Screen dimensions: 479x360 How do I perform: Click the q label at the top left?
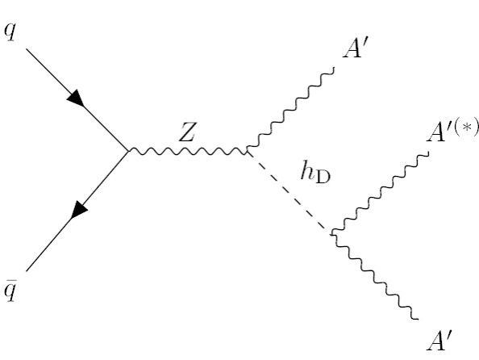point(10,31)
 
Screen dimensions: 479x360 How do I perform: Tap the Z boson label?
point(186,132)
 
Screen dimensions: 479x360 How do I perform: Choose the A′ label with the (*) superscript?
point(453,132)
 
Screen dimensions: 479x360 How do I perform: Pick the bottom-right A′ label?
point(439,341)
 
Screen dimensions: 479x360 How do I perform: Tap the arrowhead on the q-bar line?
point(79,210)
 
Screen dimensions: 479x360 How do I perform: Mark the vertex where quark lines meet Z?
point(128,150)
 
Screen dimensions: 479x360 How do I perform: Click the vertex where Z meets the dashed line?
point(247,150)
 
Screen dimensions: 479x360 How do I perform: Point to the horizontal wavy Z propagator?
point(188,150)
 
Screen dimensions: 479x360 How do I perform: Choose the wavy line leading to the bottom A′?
point(375,276)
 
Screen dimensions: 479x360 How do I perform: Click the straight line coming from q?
point(77,100)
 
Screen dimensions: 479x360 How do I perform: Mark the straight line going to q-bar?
point(77,211)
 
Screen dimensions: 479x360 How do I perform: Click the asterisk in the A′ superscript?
point(466,128)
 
